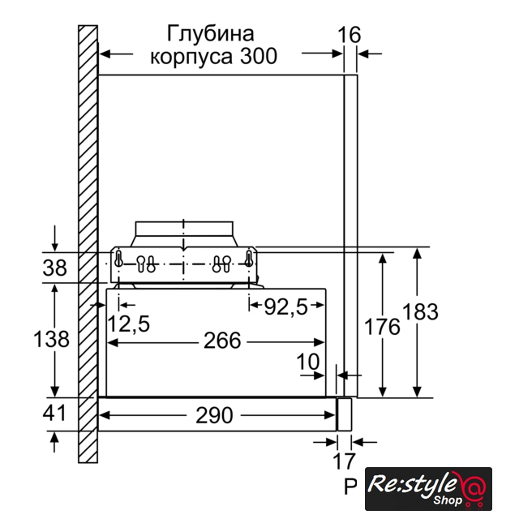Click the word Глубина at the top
[211, 33]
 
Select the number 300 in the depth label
[259, 56]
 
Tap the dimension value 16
[349, 35]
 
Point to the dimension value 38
[54, 268]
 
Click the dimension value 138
[51, 339]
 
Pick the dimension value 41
[54, 413]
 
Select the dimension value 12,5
[128, 324]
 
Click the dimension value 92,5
[285, 307]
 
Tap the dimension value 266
[222, 341]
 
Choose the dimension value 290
[214, 415]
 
